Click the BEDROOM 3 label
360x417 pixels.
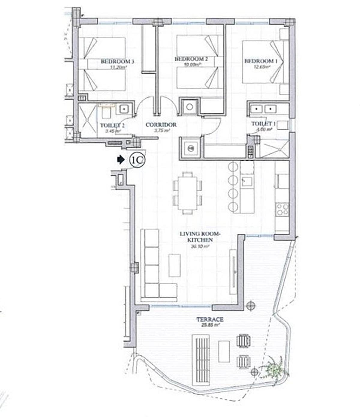coord(117,61)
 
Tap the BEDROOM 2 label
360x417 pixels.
coord(191,59)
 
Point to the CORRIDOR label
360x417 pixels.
coord(161,125)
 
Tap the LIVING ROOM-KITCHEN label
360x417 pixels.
coord(200,237)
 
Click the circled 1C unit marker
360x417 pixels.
coord(137,160)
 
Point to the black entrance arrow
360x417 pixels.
coord(121,160)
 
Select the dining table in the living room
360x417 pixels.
coord(187,193)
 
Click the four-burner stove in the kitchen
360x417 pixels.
coord(282,209)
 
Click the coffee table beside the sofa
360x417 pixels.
coord(174,265)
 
